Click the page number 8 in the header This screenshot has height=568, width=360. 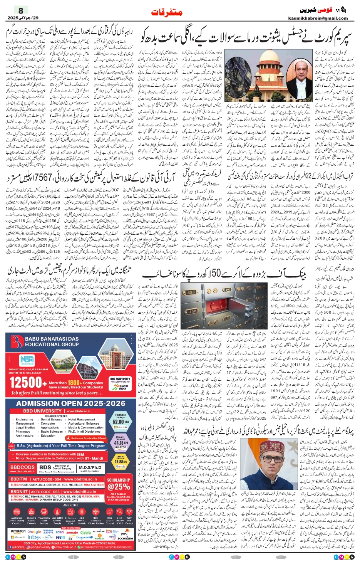coord(21,10)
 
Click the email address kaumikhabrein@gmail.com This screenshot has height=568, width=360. coord(318,18)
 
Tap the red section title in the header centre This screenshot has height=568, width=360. coord(167,12)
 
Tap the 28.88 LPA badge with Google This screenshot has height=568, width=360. coord(121,461)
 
